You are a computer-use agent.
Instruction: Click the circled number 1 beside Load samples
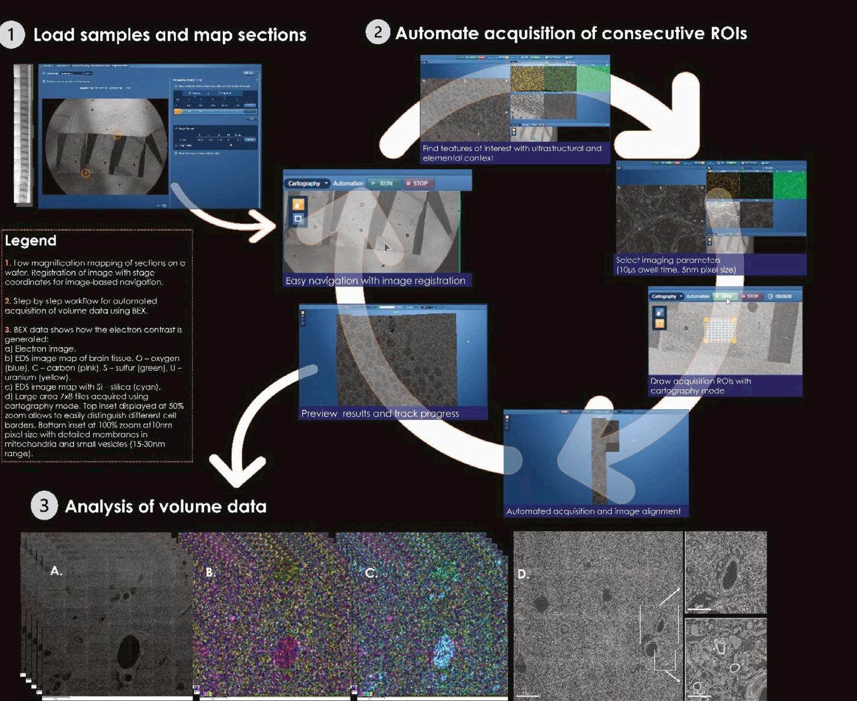(x=11, y=35)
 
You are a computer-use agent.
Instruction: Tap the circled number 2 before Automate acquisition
(x=378, y=32)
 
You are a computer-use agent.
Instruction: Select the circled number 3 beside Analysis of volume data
(x=43, y=506)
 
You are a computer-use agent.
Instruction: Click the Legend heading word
(x=30, y=241)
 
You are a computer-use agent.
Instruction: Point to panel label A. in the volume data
(x=56, y=571)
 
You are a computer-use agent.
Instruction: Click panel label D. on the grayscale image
(x=523, y=574)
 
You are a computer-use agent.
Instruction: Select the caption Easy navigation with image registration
(x=375, y=280)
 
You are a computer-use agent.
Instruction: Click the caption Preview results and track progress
(x=380, y=413)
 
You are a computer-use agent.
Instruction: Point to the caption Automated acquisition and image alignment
(x=593, y=511)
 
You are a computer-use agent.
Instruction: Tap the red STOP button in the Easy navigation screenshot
(x=416, y=184)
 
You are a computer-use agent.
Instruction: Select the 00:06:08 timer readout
(x=784, y=296)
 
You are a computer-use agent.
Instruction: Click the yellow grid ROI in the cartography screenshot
(x=720, y=329)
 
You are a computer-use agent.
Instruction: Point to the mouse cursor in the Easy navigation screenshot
(x=387, y=247)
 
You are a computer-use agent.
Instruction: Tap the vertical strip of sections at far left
(x=22, y=134)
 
